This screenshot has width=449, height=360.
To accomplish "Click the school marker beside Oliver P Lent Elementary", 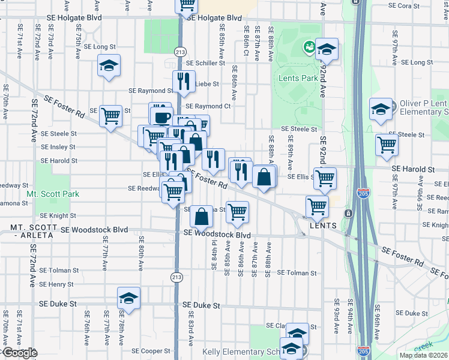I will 381,109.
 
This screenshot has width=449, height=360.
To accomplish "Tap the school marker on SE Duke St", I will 128,298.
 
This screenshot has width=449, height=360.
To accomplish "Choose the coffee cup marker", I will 160,117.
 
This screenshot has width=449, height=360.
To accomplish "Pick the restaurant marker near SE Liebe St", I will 183,80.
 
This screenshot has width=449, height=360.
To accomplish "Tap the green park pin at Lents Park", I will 310,46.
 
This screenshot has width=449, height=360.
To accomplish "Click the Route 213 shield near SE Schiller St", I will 179,52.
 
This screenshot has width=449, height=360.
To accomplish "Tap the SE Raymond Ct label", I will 208,106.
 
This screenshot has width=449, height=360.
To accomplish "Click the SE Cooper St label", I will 152,350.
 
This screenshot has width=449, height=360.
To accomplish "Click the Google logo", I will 19,353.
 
